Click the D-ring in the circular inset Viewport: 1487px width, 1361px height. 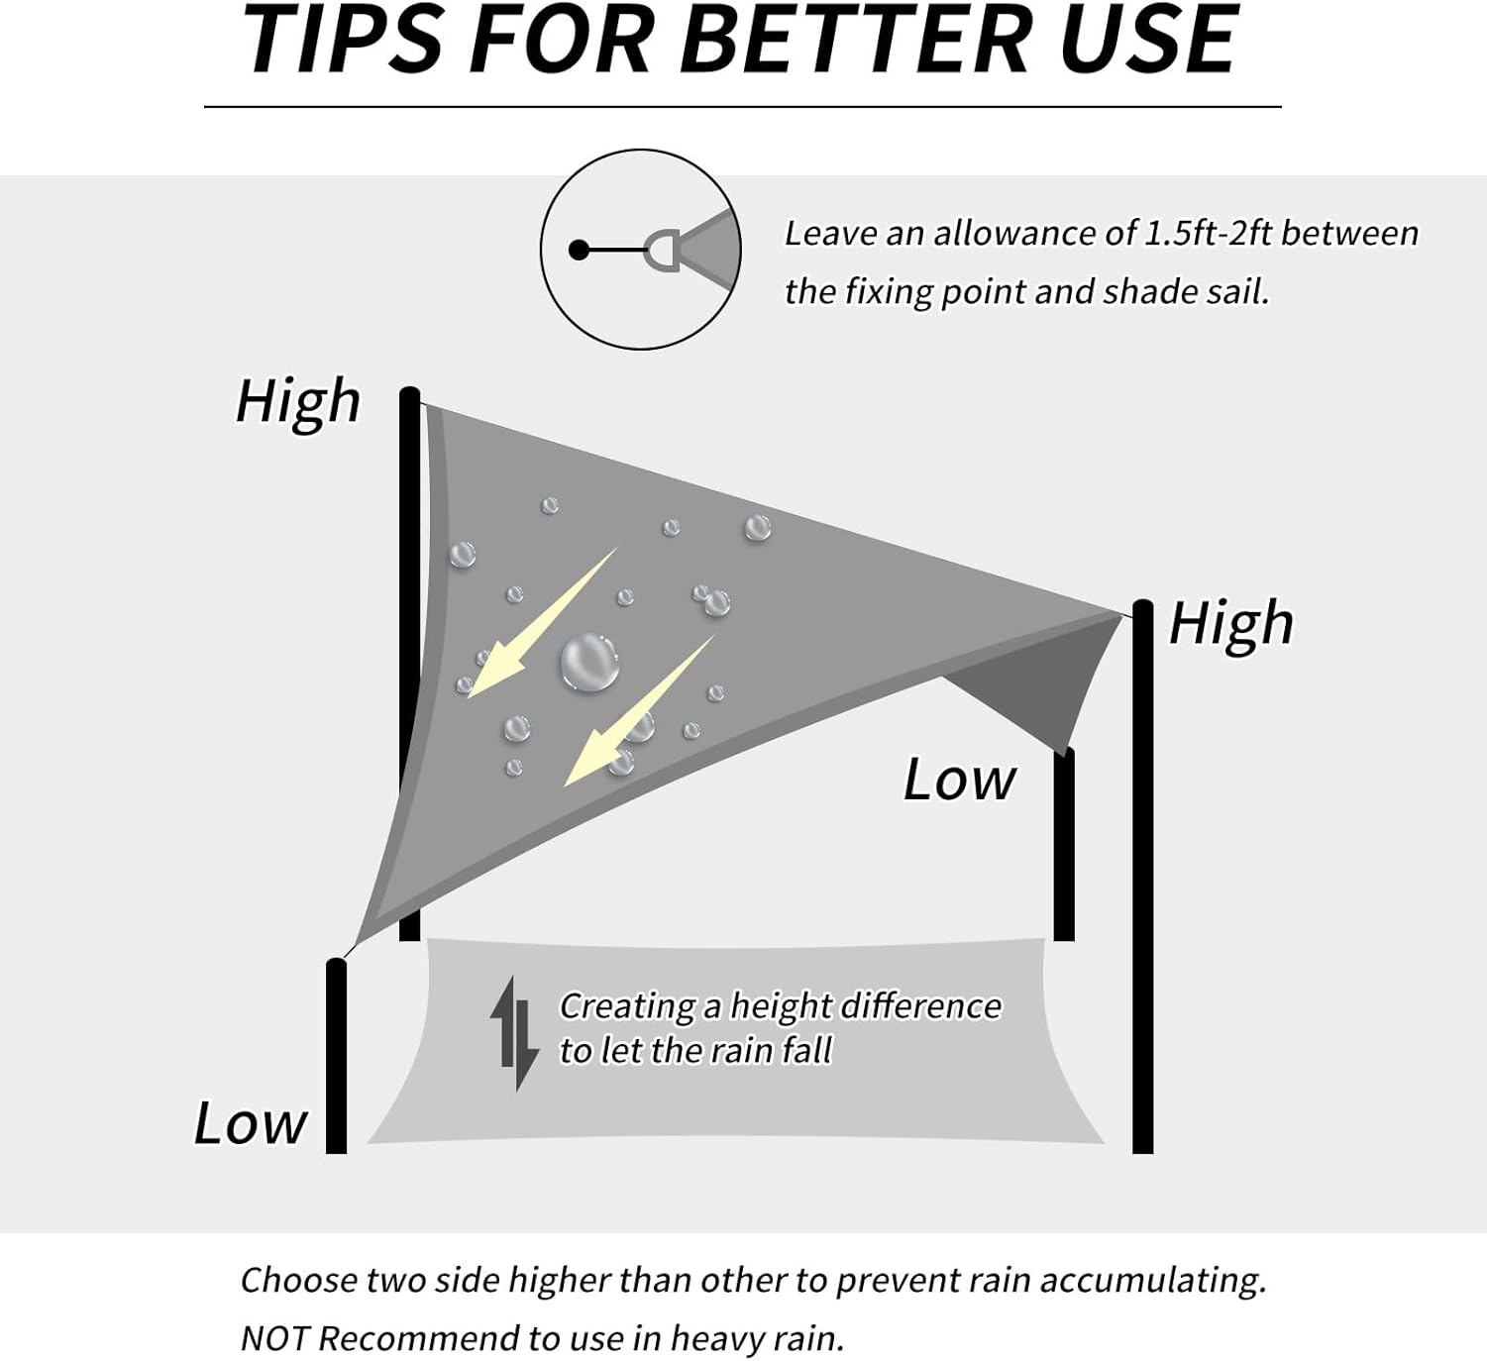click(x=661, y=252)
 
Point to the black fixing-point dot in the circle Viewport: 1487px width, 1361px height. click(x=579, y=251)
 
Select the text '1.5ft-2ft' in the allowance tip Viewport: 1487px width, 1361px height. click(x=1209, y=234)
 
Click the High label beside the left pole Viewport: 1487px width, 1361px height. click(x=298, y=402)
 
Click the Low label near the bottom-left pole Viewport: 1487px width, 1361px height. click(x=250, y=1123)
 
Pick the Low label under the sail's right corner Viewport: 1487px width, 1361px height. click(x=959, y=780)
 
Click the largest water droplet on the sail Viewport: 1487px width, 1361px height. click(x=589, y=663)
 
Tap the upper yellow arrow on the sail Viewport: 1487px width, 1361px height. click(x=542, y=623)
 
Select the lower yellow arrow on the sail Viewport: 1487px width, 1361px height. click(x=638, y=711)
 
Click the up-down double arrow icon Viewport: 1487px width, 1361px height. click(x=514, y=1033)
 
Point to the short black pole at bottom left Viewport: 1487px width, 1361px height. click(x=336, y=1056)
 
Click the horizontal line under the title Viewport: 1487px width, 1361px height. click(x=743, y=107)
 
